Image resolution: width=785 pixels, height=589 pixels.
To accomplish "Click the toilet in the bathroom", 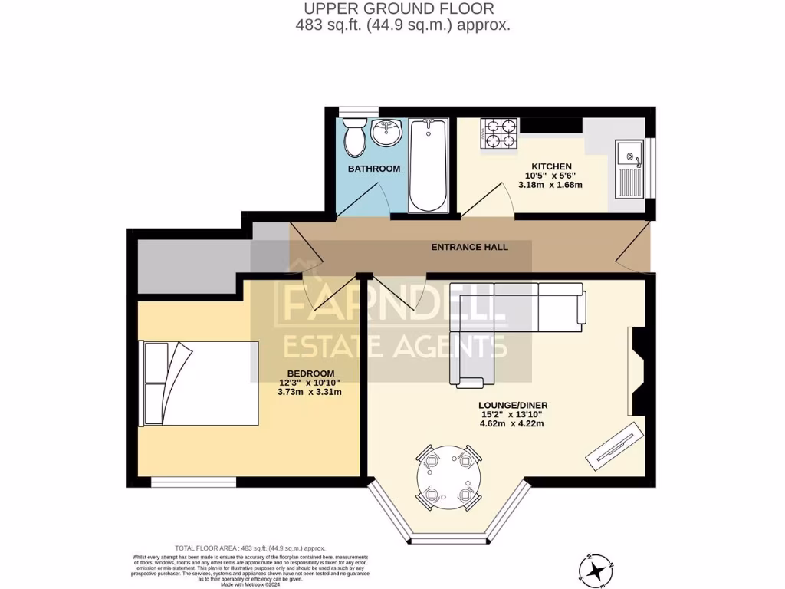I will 354,138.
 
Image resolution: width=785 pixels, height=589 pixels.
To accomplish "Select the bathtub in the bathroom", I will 428,165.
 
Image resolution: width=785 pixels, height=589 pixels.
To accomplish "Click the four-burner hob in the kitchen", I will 499,133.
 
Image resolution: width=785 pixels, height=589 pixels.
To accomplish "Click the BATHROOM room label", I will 374,169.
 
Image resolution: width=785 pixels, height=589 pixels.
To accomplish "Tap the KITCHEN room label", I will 552,166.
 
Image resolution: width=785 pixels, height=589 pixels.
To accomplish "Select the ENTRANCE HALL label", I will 469,247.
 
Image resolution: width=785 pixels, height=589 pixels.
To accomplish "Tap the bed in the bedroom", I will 199,383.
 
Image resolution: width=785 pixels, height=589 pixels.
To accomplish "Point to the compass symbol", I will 601,567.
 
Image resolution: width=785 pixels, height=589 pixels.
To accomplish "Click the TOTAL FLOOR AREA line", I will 250,548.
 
